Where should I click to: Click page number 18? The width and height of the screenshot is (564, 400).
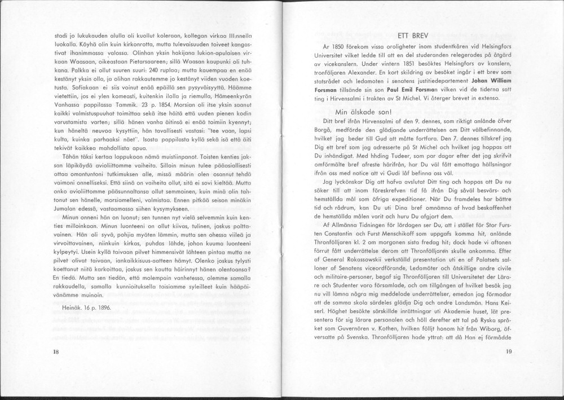coord(56,351)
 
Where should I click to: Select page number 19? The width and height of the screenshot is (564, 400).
coord(509,351)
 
